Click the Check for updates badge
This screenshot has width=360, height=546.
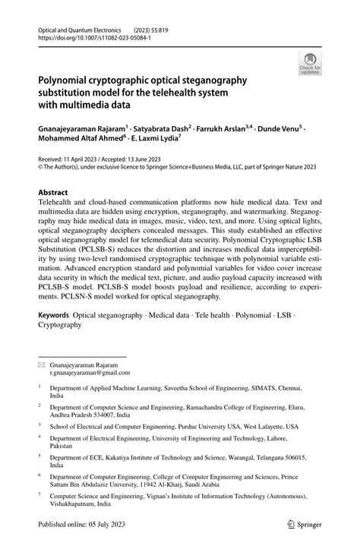tap(310, 63)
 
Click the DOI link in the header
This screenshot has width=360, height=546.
tap(90, 36)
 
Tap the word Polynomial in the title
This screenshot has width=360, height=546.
tap(65, 79)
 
